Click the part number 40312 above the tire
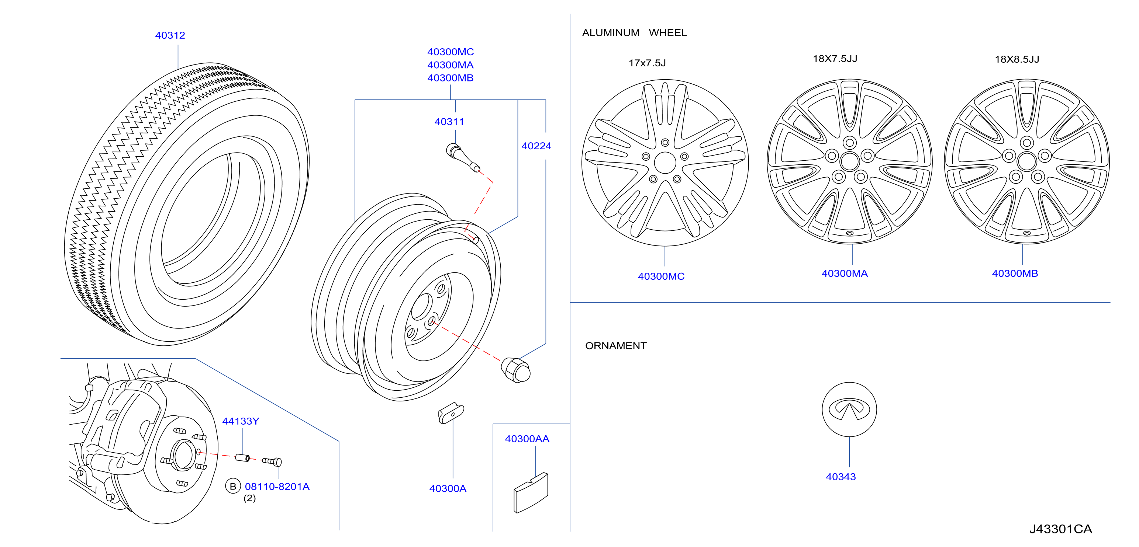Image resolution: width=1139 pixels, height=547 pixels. (x=170, y=35)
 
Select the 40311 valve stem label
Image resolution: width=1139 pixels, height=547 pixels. (x=449, y=122)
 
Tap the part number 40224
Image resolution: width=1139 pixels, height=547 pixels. (x=536, y=146)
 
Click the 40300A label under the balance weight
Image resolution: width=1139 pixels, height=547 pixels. (x=448, y=488)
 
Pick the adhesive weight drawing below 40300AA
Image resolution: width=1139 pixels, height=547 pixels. (x=531, y=493)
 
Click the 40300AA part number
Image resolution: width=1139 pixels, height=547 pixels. (x=527, y=439)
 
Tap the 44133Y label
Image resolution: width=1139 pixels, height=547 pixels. (x=241, y=421)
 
